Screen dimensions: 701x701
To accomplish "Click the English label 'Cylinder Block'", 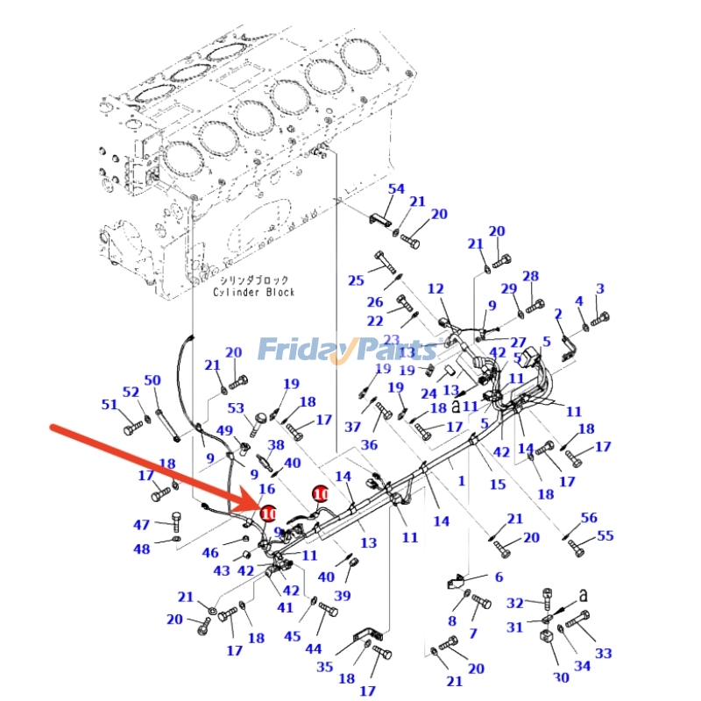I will [x=254, y=292].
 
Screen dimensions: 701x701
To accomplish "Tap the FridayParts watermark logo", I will [x=347, y=350].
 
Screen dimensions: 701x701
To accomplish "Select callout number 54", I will [x=396, y=189].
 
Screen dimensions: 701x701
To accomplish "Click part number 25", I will [x=356, y=280].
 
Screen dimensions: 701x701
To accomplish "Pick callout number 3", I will [x=600, y=288].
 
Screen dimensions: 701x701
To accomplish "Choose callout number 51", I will [x=110, y=405].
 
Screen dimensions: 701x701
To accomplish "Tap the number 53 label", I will [x=236, y=408].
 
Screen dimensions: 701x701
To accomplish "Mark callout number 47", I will [x=142, y=525].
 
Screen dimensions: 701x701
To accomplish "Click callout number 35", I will [x=325, y=667].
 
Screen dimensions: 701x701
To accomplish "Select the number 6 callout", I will [x=499, y=577].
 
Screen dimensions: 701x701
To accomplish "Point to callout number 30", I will [x=561, y=676].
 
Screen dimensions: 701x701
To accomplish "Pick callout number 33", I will [x=604, y=653].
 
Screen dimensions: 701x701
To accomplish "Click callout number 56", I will [x=589, y=518].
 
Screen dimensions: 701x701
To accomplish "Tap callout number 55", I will [x=605, y=535].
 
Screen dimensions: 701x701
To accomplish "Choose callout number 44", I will [x=313, y=649].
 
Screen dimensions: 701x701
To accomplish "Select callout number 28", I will [x=531, y=277].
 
